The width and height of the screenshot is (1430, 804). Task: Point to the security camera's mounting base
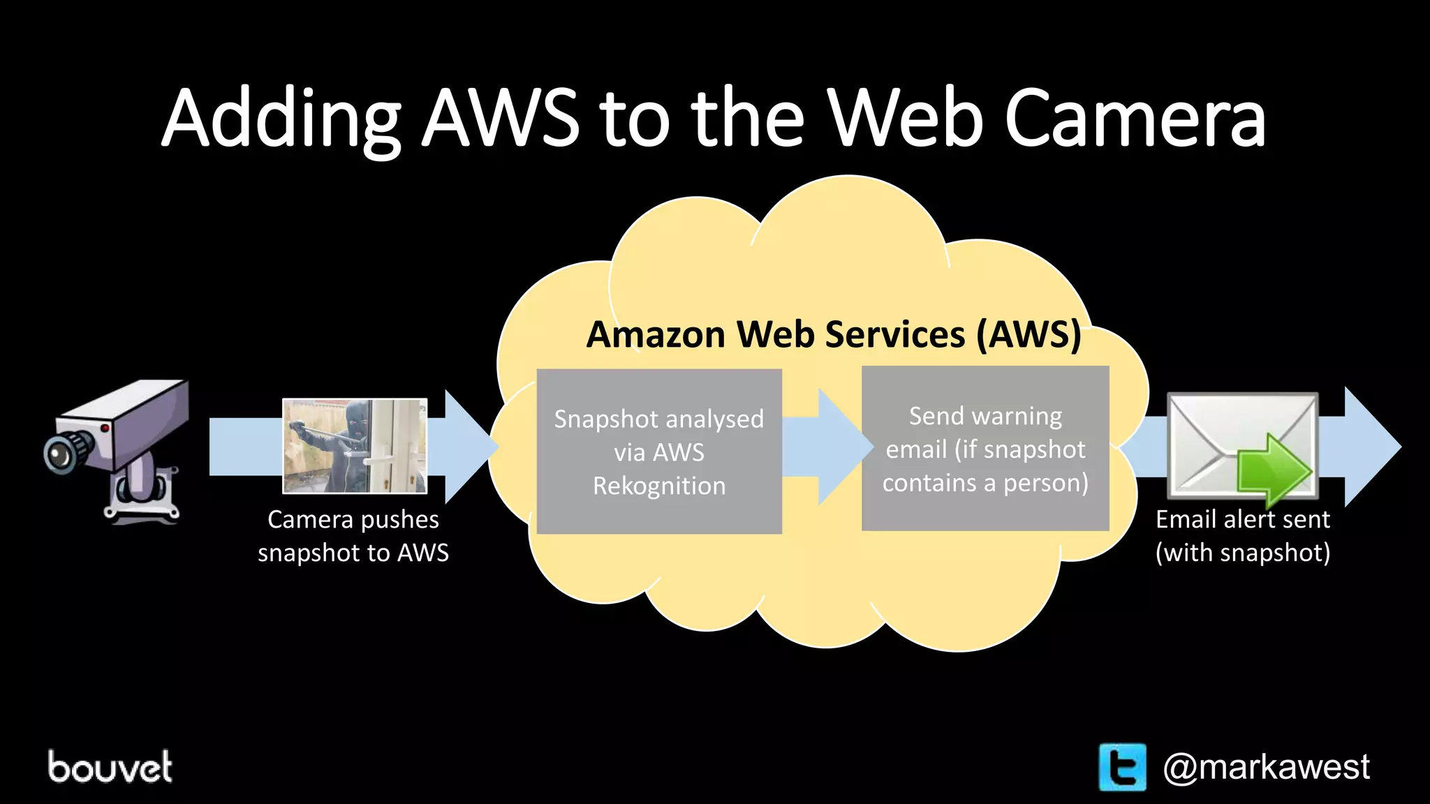pyautogui.click(x=143, y=499)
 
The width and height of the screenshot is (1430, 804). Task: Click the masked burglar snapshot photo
pyautogui.click(x=355, y=446)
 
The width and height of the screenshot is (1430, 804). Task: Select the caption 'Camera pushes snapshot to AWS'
pyautogui.click(x=353, y=536)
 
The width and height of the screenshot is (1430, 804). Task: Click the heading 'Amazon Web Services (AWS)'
pyautogui.click(x=834, y=334)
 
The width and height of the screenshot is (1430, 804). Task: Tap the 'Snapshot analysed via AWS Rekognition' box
pyautogui.click(x=658, y=451)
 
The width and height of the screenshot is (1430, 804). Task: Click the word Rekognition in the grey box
pyautogui.click(x=658, y=486)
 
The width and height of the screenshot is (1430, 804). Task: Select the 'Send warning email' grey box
pyautogui.click(x=985, y=448)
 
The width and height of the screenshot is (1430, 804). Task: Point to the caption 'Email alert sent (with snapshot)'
pyautogui.click(x=1243, y=536)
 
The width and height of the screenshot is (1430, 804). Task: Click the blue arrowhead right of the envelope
pyautogui.click(x=1369, y=447)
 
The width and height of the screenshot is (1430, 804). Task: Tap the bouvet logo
pyautogui.click(x=110, y=767)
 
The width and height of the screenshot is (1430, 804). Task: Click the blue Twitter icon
pyautogui.click(x=1122, y=767)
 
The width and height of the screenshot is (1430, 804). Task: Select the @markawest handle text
pyautogui.click(x=1265, y=767)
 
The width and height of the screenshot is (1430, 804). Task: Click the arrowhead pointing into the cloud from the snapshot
pyautogui.click(x=468, y=447)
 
